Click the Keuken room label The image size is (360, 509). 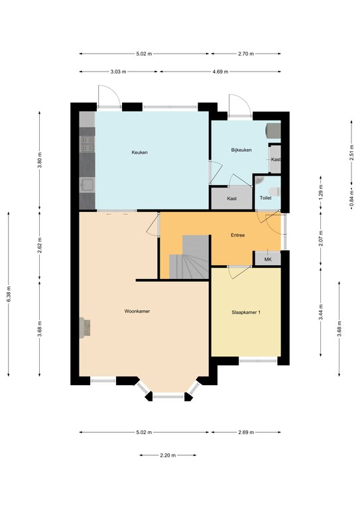pos(140,152)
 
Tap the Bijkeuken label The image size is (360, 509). pos(241,150)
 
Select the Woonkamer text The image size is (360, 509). pos(137,311)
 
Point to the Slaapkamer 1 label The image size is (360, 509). pos(246,313)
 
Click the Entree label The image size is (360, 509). pos(237,235)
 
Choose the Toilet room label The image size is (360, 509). pos(266,198)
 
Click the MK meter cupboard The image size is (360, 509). pos(267,259)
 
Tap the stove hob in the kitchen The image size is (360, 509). pos(88,144)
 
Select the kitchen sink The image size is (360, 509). pos(88,185)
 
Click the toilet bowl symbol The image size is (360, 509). pos(275,192)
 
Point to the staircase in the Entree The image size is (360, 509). pos(189,256)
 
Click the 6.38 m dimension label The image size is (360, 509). pos(9,294)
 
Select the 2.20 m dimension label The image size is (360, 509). pos(168,455)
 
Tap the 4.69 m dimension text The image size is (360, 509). pos(220,72)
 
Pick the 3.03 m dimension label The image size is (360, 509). pos(118,72)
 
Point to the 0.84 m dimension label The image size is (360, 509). pos(351,198)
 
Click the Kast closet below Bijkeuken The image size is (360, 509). pos(232,198)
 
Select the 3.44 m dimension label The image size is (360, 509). pos(321,312)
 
